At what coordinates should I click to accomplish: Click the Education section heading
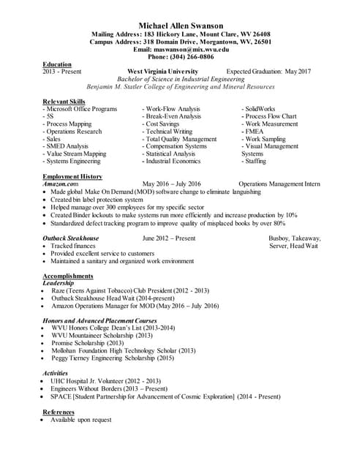tap(57, 64)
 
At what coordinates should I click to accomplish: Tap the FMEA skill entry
tap(255, 131)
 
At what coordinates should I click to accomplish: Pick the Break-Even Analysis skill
tap(173, 116)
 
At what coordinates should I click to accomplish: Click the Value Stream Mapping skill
tap(75, 154)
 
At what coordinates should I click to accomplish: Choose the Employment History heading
tap(72, 177)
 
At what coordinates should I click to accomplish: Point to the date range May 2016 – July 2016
tap(171, 184)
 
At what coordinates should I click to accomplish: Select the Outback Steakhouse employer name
tap(71, 238)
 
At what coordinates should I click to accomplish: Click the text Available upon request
tap(80, 420)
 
